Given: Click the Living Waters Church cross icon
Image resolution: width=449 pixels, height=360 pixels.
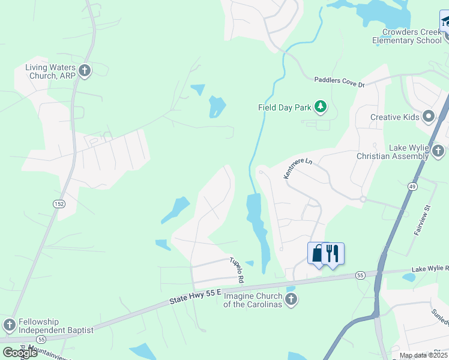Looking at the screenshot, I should [85, 71].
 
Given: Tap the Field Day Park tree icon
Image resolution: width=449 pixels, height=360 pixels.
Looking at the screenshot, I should [321, 107].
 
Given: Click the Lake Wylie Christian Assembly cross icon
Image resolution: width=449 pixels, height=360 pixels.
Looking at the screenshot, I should [438, 150].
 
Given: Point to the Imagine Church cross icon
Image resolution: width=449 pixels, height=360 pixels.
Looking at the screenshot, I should [291, 299].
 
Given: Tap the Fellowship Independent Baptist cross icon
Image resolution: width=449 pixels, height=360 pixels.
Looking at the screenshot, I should [9, 325].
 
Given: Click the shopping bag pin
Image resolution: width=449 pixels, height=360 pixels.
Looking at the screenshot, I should [317, 253].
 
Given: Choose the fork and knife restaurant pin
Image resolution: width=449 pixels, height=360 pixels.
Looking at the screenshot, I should [333, 253].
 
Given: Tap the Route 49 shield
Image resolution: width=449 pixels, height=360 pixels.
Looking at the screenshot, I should [412, 187].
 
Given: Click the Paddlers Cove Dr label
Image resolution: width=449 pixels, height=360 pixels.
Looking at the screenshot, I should [340, 83].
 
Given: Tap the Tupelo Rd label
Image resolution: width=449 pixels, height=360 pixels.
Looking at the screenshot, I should [237, 270].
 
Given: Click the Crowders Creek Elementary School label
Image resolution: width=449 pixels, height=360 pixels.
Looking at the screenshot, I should [406, 36].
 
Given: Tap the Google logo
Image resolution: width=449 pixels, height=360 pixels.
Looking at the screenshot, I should [20, 352].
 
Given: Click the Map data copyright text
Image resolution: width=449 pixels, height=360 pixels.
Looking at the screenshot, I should [424, 355].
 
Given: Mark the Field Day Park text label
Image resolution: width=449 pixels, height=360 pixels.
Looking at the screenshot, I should [285, 107].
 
